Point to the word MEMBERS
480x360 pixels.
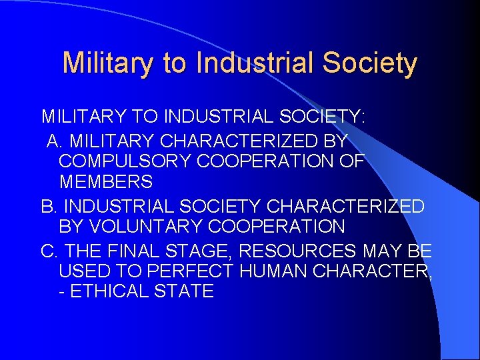pos(106,181)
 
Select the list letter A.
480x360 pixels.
pos(54,141)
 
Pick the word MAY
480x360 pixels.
pos(378,251)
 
